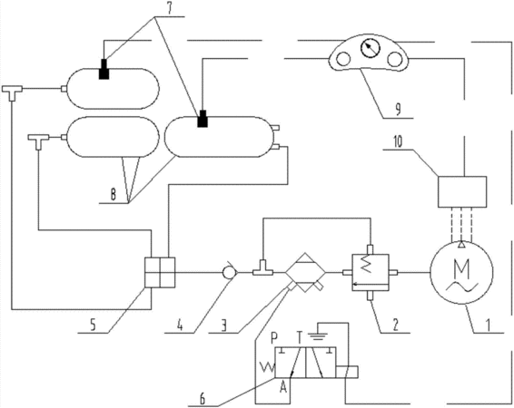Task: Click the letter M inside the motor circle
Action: point(462,267)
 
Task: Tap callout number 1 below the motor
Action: point(488,325)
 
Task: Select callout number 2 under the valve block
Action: point(396,325)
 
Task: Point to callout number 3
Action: point(224,326)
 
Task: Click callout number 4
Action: point(179,326)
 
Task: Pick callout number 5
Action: point(94,326)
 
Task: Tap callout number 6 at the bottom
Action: point(203,400)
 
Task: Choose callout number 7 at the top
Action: point(169,9)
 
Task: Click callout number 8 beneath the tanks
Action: point(114,195)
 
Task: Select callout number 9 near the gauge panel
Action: point(397,110)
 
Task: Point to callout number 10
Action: point(397,143)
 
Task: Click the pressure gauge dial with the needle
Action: point(371,48)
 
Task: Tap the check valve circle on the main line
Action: point(228,272)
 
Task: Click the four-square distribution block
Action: point(160,272)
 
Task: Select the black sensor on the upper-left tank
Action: point(104,69)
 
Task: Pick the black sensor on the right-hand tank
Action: point(203,119)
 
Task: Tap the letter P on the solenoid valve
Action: point(274,337)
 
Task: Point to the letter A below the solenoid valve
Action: point(283,388)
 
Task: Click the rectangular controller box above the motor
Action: point(462,191)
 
